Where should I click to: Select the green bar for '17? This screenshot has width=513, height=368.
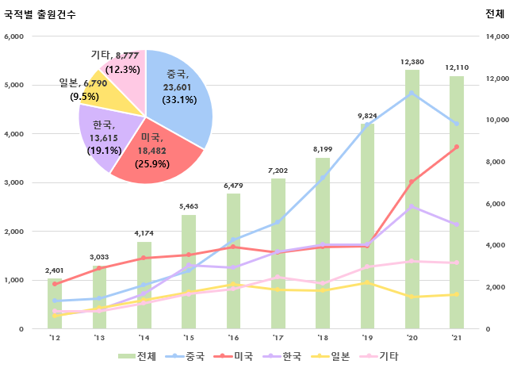278,254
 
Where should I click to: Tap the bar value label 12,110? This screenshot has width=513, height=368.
457,67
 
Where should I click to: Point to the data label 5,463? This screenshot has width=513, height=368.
188,206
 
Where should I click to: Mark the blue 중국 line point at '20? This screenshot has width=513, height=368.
412,93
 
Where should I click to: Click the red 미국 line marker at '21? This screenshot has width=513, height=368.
457,147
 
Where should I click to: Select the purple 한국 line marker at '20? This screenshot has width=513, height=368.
412,206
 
